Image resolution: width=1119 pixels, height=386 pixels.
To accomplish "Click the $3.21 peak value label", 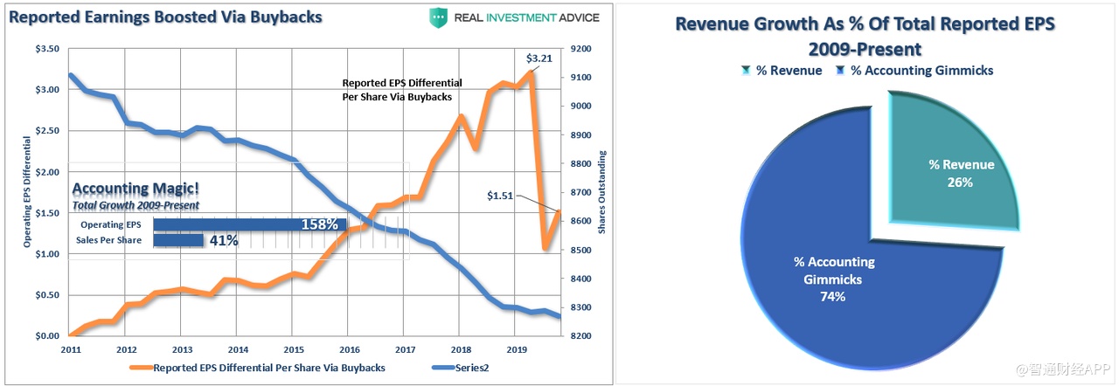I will [x=539, y=59].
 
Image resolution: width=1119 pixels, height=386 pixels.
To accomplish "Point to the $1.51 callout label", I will [x=501, y=194].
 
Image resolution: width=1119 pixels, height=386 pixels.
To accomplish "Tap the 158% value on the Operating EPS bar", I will [x=319, y=224].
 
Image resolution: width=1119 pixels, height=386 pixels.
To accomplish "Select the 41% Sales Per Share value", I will [x=224, y=240].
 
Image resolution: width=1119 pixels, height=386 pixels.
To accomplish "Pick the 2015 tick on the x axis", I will [x=293, y=348].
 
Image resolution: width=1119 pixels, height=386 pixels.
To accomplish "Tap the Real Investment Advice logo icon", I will [x=439, y=17].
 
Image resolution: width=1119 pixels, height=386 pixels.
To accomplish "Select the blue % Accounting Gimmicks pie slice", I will [x=839, y=279].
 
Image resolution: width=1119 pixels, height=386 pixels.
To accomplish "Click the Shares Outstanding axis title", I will [x=602, y=192].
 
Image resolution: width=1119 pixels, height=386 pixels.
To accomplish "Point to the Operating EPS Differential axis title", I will [x=27, y=192].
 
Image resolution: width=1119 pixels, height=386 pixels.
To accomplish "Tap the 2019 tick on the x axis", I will [x=516, y=348].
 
